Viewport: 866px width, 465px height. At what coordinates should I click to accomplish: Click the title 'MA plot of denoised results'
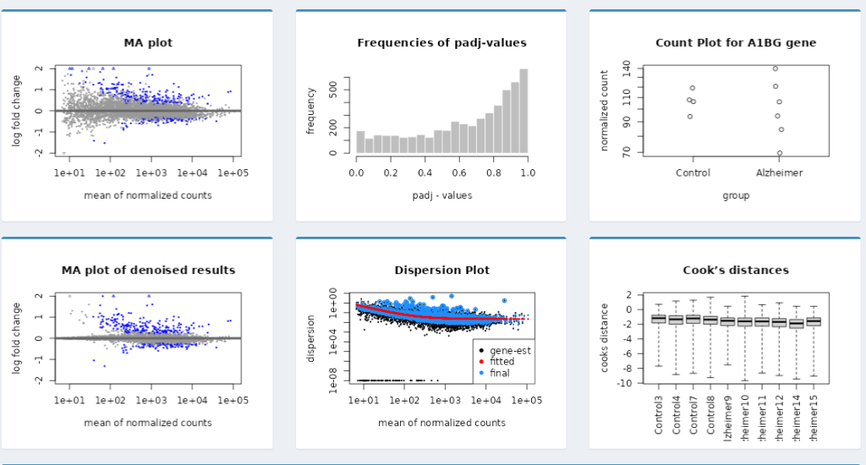click(x=148, y=271)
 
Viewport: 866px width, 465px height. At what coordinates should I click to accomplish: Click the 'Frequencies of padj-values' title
click(x=441, y=43)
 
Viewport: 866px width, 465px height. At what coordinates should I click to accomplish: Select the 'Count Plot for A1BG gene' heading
click(x=735, y=43)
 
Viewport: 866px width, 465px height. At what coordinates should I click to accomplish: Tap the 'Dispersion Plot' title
click(x=441, y=271)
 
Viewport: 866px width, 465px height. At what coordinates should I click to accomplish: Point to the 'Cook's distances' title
click(x=735, y=271)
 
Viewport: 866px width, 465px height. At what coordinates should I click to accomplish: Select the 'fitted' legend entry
click(x=502, y=361)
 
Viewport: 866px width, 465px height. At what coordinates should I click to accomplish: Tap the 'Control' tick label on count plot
click(x=693, y=172)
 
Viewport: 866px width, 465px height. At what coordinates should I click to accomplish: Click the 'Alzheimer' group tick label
click(x=779, y=172)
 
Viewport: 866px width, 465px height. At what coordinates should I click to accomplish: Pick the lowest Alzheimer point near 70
click(x=780, y=153)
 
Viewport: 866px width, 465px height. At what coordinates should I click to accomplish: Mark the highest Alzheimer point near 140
click(x=776, y=68)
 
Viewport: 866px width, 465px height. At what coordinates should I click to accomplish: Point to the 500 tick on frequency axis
click(x=334, y=88)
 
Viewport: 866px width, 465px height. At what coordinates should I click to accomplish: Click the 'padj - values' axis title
click(x=441, y=195)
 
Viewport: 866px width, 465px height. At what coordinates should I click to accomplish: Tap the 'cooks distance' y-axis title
click(x=605, y=338)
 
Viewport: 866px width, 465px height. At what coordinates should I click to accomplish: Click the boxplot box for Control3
click(x=659, y=319)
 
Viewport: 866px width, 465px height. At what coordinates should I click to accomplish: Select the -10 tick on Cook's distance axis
click(x=628, y=383)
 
